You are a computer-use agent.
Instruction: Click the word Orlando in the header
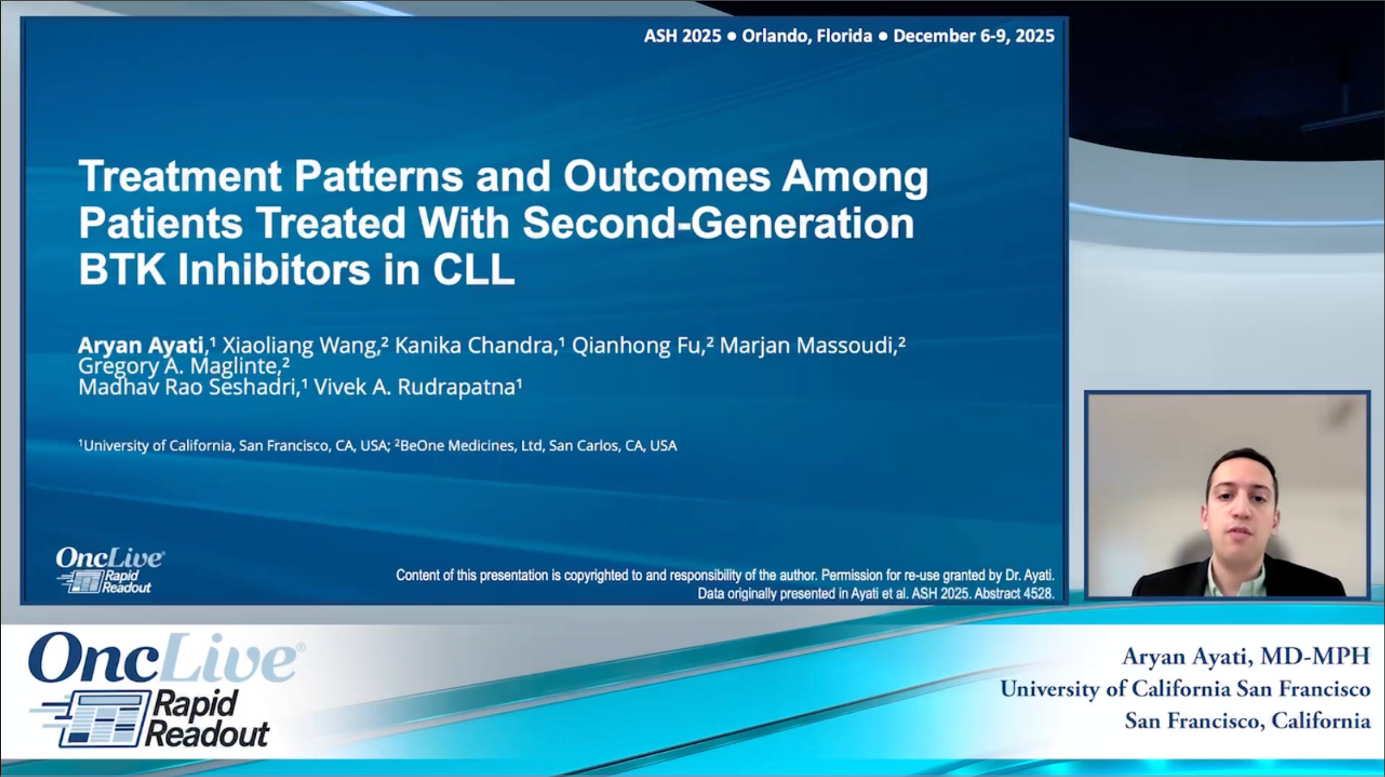pyautogui.click(x=776, y=36)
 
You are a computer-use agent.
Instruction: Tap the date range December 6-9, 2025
pyautogui.click(x=974, y=36)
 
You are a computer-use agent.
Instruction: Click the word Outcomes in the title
pyautogui.click(x=667, y=177)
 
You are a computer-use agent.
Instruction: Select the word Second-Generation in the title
pyautogui.click(x=718, y=223)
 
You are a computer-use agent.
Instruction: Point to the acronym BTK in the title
pyautogui.click(x=122, y=270)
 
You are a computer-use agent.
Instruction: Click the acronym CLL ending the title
pyautogui.click(x=473, y=270)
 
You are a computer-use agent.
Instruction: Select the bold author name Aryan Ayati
pyautogui.click(x=141, y=345)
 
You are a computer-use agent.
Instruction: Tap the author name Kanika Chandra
pyautogui.click(x=473, y=345)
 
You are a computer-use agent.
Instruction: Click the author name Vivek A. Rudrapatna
pyautogui.click(x=415, y=387)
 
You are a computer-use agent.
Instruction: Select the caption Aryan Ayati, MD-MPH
pyautogui.click(x=1246, y=657)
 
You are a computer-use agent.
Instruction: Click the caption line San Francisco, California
pyautogui.click(x=1247, y=721)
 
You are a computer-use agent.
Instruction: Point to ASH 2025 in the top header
pyautogui.click(x=682, y=36)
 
